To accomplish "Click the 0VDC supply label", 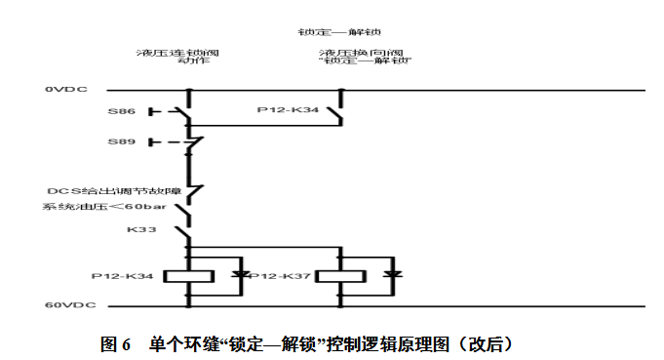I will pyautogui.click(x=65, y=90).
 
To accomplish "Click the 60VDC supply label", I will pyautogui.click(x=67, y=305).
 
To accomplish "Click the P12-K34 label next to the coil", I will pyautogui.click(x=125, y=276).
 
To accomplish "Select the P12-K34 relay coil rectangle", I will pyautogui.click(x=186, y=276).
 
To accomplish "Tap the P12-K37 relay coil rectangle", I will pyautogui.click(x=338, y=276).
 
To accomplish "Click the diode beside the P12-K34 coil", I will pyautogui.click(x=239, y=276).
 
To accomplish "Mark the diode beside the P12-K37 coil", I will pyautogui.click(x=392, y=276).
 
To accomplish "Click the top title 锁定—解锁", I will pyautogui.click(x=338, y=30).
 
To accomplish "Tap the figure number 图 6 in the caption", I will pyautogui.click(x=115, y=343).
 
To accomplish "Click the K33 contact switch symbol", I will pyautogui.click(x=185, y=232).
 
